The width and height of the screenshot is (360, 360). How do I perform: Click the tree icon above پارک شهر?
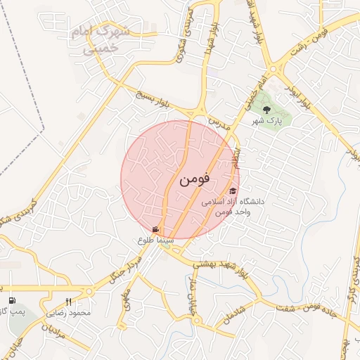coord(266,110)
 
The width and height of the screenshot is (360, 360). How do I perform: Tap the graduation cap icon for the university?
coord(233,191)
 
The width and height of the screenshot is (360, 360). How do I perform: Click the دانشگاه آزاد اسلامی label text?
coord(233,202)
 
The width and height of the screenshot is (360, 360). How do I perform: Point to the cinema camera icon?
coord(155,230)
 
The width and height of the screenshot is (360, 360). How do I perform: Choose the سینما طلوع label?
coord(155,240)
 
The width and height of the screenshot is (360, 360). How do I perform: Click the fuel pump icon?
coord(12,300)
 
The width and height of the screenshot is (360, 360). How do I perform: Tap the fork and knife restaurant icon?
coord(68,301)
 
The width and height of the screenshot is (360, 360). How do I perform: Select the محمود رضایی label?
coord(69,311)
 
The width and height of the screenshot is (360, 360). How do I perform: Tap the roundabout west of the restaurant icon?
coord(89,292)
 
